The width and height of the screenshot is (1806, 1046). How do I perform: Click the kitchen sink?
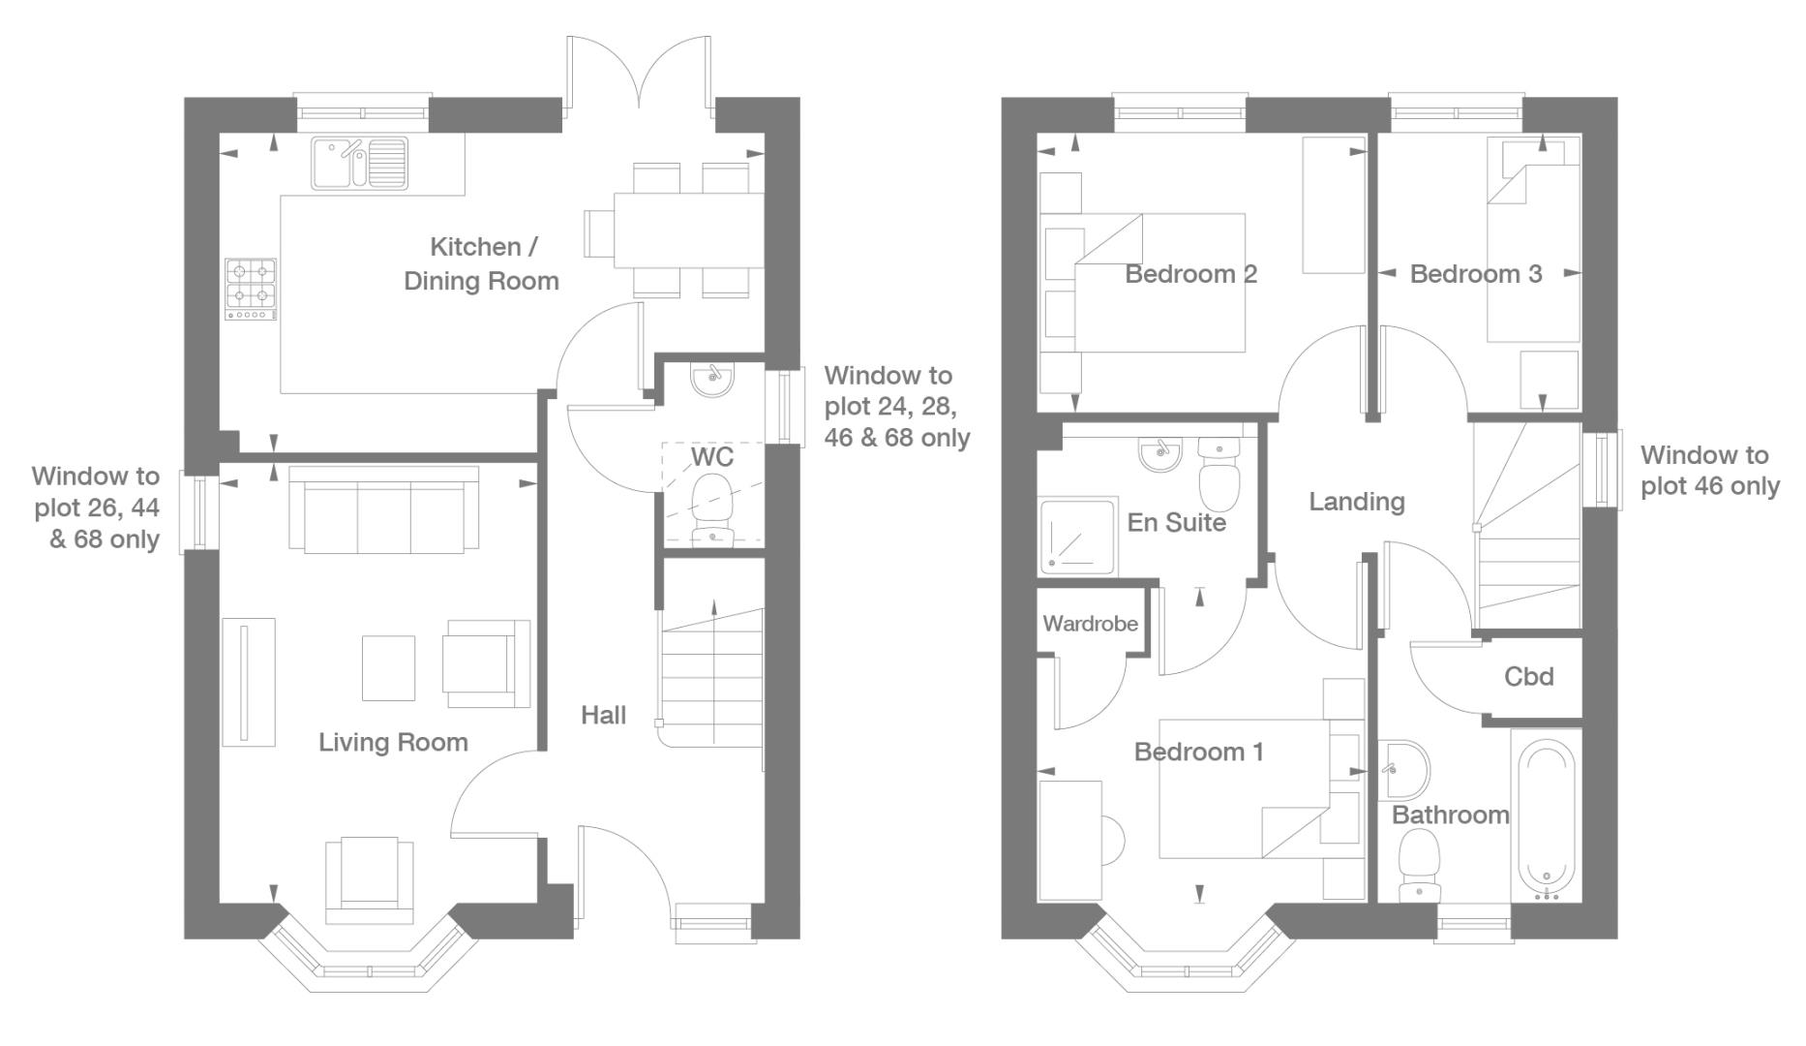[359, 163]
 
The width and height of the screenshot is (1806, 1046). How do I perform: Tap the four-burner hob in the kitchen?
[251, 289]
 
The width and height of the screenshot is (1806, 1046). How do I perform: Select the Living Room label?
[393, 743]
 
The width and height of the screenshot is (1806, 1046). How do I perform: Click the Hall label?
[603, 716]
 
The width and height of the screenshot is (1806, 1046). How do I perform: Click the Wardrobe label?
[1090, 624]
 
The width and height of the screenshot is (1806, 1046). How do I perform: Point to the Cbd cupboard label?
[1529, 676]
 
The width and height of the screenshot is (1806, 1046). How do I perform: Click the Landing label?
[1356, 502]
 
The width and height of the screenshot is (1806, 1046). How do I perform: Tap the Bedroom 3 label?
[1475, 274]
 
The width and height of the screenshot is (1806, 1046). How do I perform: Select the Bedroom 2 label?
[1190, 274]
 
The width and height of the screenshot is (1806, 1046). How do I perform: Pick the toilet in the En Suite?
[1219, 476]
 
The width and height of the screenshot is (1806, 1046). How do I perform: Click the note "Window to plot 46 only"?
[1709, 471]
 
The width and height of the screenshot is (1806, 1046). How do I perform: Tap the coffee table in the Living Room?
[388, 667]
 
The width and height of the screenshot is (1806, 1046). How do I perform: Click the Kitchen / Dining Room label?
[481, 263]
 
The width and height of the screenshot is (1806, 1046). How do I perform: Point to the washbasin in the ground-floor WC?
[713, 379]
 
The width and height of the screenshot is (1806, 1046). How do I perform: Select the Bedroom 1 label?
[1198, 752]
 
